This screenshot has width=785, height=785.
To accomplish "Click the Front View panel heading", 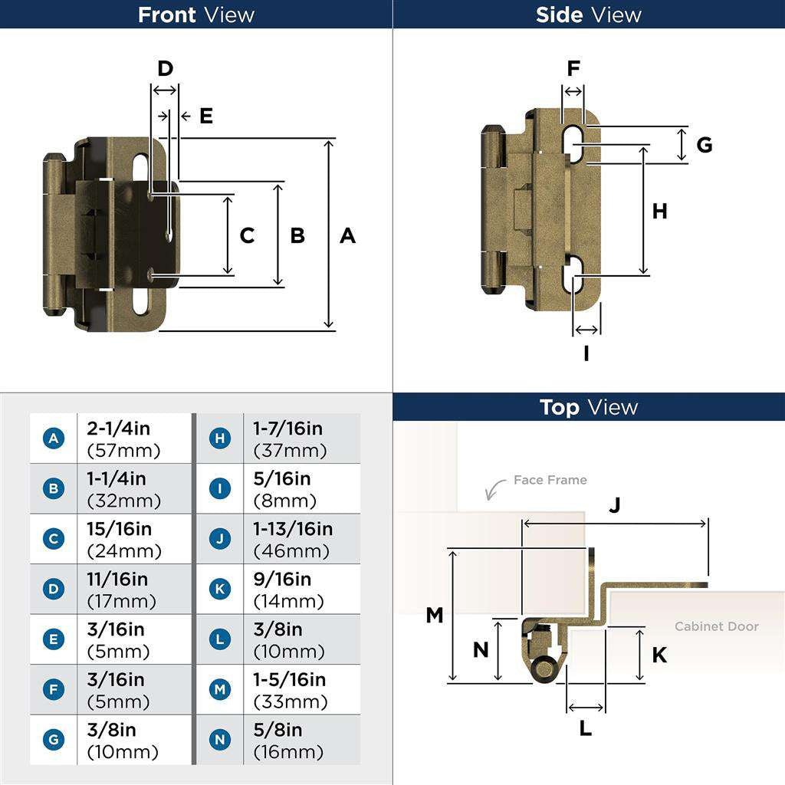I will [x=196, y=15].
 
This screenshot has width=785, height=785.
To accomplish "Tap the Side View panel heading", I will [x=589, y=15].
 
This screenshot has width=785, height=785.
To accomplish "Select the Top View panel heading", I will [x=589, y=407].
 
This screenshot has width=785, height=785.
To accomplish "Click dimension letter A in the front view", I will [x=347, y=235].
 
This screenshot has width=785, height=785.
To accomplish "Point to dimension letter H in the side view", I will [x=660, y=211].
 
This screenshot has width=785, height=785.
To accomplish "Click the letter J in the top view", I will [x=614, y=505].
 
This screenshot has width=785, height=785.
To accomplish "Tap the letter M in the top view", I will [x=435, y=615].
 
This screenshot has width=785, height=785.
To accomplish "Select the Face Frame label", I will [x=550, y=480].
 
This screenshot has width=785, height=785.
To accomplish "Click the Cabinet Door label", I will [x=716, y=626].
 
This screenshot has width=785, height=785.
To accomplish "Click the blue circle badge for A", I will [x=54, y=438].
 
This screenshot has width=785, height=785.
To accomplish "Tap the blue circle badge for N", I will [x=220, y=741].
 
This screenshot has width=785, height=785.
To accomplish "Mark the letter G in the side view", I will [x=704, y=144].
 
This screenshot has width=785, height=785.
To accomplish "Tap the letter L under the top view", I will [x=585, y=728].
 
